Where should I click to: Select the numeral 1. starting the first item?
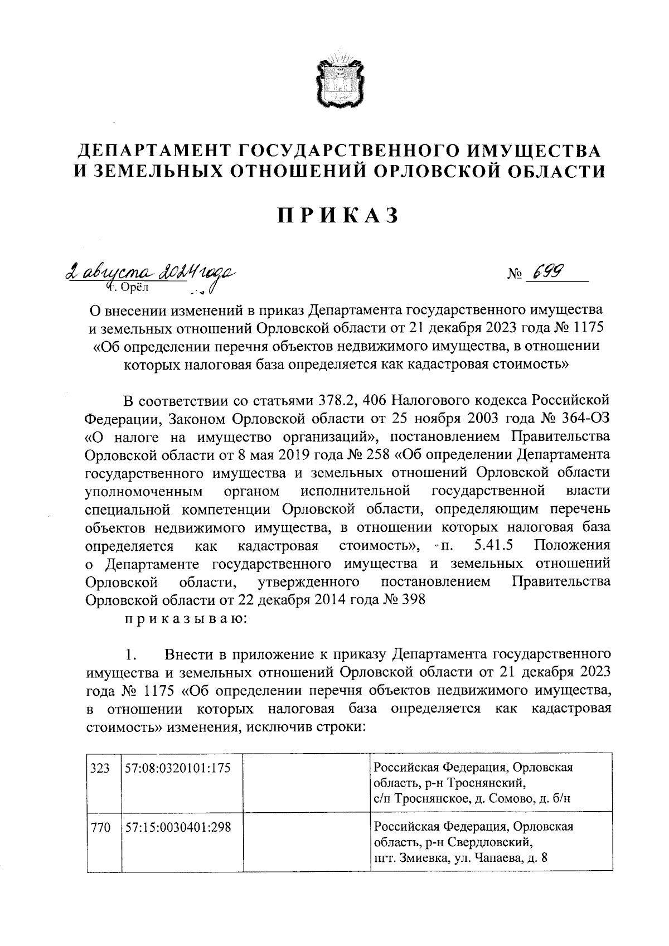point(132,653)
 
